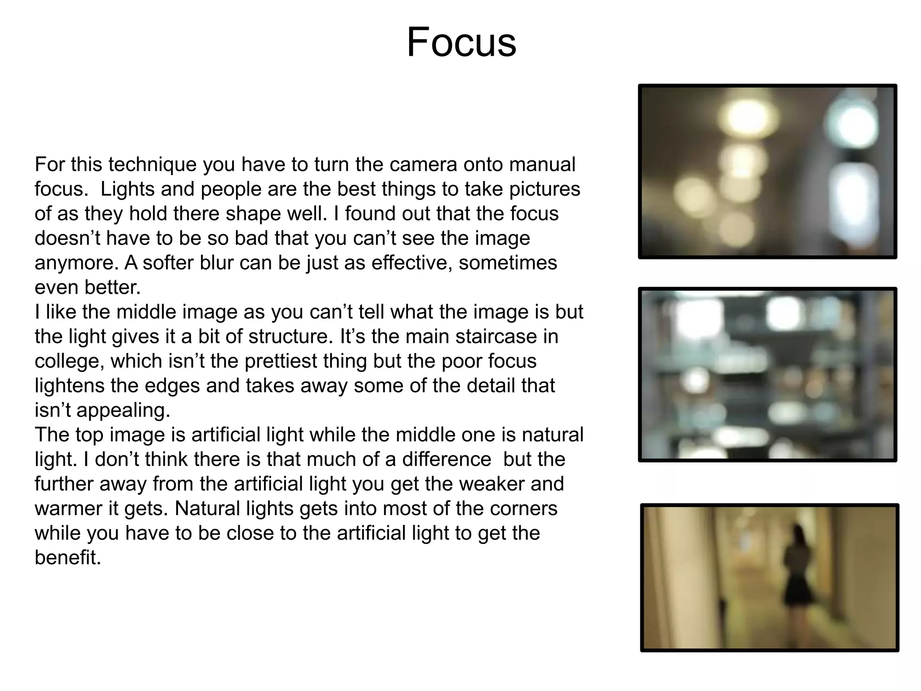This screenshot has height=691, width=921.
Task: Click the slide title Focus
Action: pyautogui.click(x=461, y=42)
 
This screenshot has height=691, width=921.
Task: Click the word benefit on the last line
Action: pyautogui.click(x=67, y=558)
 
